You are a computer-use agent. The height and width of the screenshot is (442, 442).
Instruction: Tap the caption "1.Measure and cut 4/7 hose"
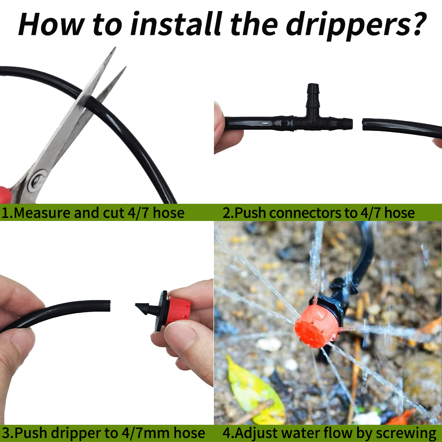[92, 213]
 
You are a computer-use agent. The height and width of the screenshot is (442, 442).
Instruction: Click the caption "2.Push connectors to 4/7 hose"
[319, 213]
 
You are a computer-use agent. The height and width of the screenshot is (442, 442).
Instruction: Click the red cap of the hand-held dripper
[179, 310]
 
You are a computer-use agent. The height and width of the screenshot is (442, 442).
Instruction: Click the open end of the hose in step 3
[108, 305]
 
